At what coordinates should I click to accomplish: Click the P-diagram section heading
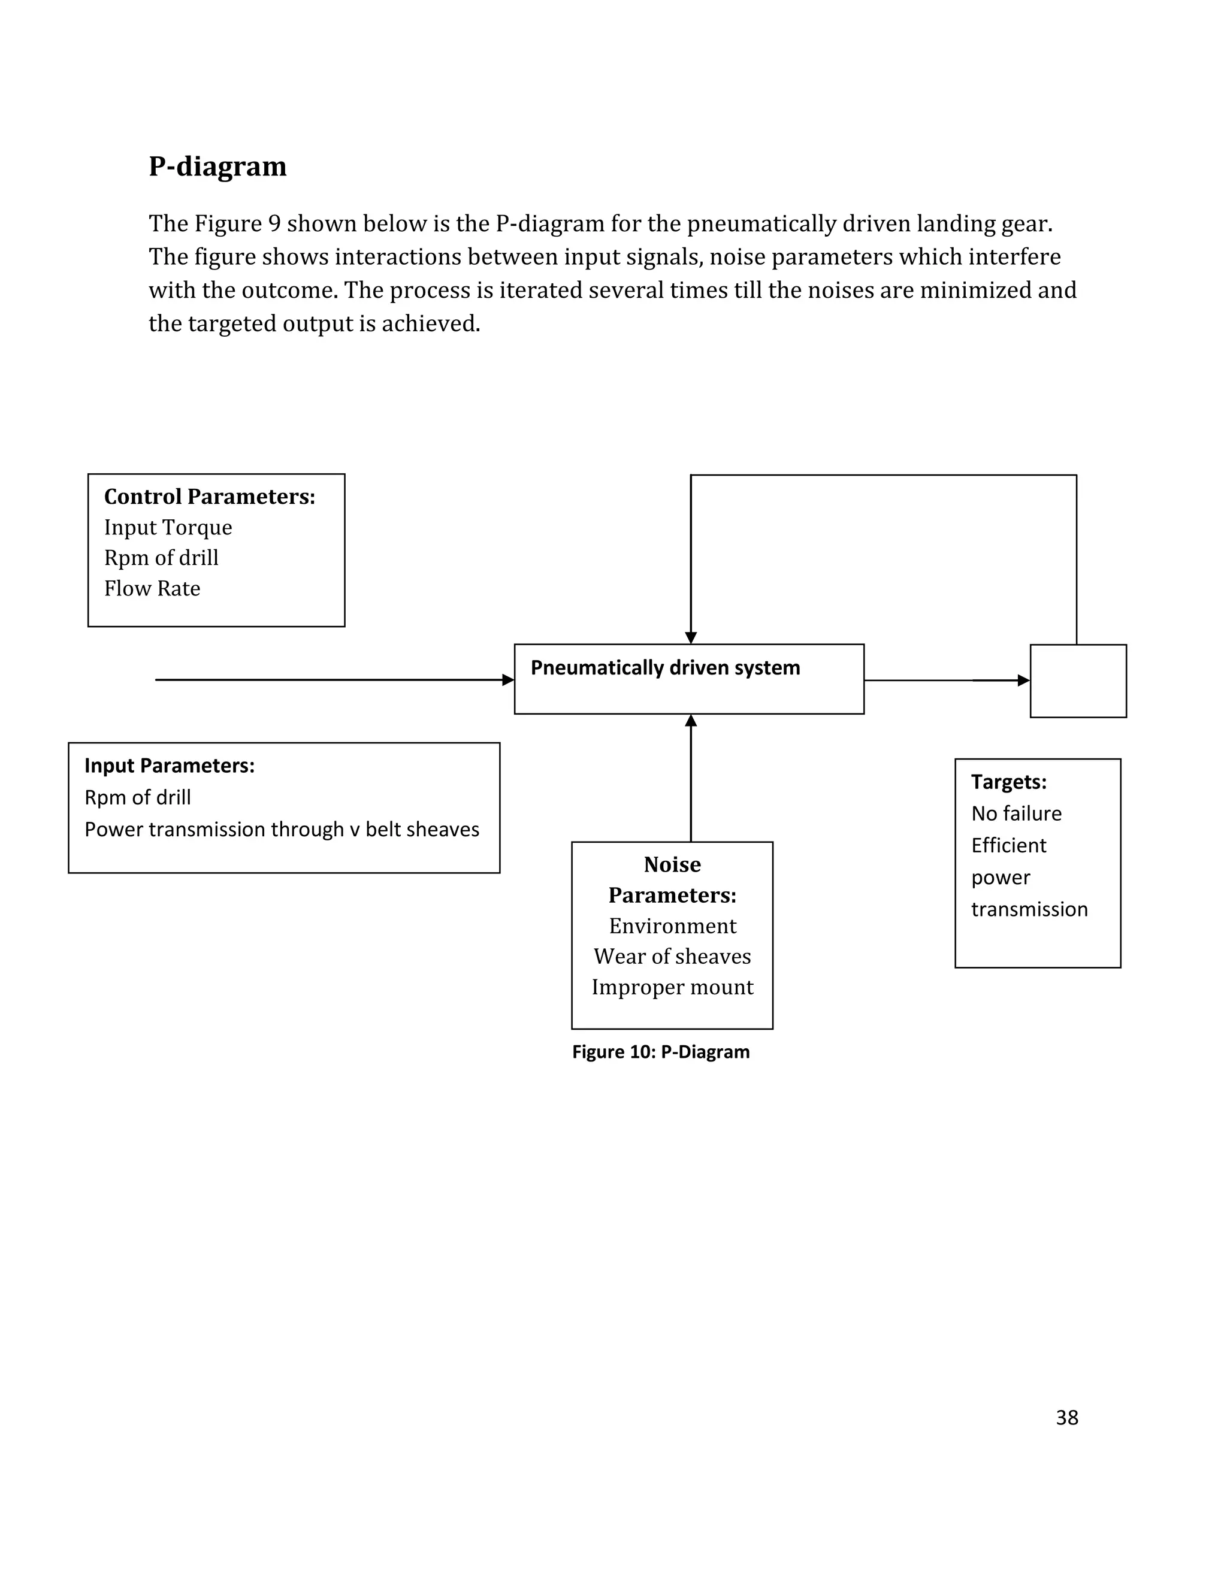(217, 167)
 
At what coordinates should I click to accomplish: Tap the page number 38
(1066, 1418)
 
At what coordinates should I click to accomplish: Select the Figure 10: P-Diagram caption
(661, 1052)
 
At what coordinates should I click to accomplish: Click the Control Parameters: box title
(209, 497)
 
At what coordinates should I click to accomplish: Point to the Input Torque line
(168, 527)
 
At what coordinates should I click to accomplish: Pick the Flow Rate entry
(152, 588)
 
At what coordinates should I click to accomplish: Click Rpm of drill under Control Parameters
(161, 558)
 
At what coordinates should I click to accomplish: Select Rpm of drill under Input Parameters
(138, 797)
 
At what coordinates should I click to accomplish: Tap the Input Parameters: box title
(170, 766)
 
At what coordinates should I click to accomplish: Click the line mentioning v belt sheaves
(282, 830)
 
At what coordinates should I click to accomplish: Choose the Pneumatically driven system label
(665, 668)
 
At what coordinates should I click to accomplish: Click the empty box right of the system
(1078, 681)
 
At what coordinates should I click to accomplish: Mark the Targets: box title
(1008, 782)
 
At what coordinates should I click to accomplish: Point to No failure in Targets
(1016, 813)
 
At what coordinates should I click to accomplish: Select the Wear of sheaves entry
(672, 956)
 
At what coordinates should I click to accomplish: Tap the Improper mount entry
(672, 987)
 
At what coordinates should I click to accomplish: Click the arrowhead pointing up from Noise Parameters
(691, 721)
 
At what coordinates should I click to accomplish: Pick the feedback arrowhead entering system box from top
(691, 637)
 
